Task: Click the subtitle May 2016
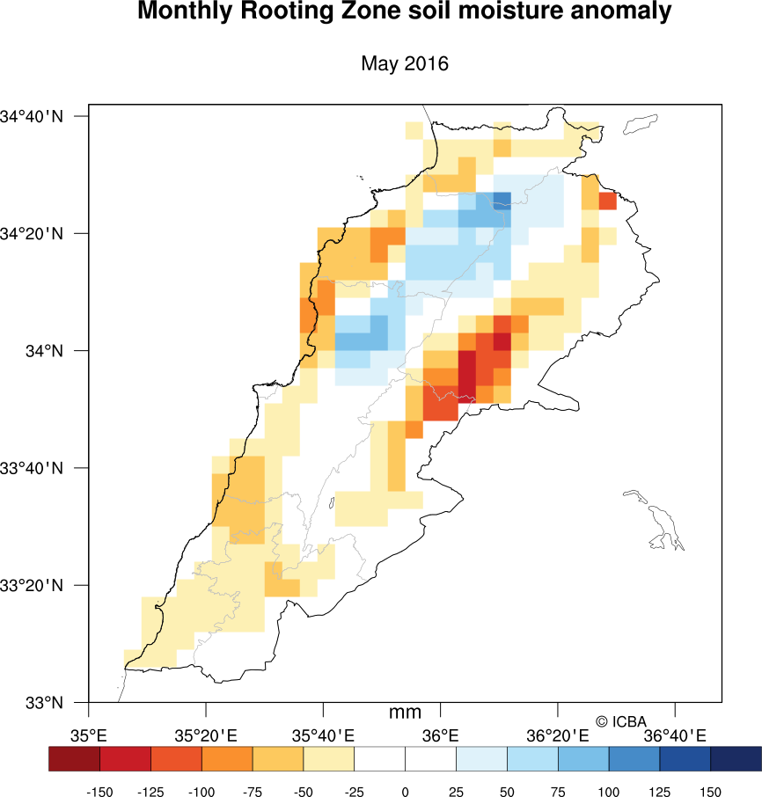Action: pyautogui.click(x=405, y=63)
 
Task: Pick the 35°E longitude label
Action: pyautogui.click(x=89, y=735)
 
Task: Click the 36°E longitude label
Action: pyautogui.click(x=441, y=735)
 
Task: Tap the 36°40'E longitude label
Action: pyautogui.click(x=675, y=735)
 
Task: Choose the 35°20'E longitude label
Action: pyautogui.click(x=206, y=735)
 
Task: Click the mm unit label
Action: pyautogui.click(x=405, y=713)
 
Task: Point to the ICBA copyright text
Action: pyautogui.click(x=621, y=721)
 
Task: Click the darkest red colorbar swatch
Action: pyautogui.click(x=74, y=758)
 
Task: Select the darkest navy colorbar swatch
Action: pyautogui.click(x=736, y=758)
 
